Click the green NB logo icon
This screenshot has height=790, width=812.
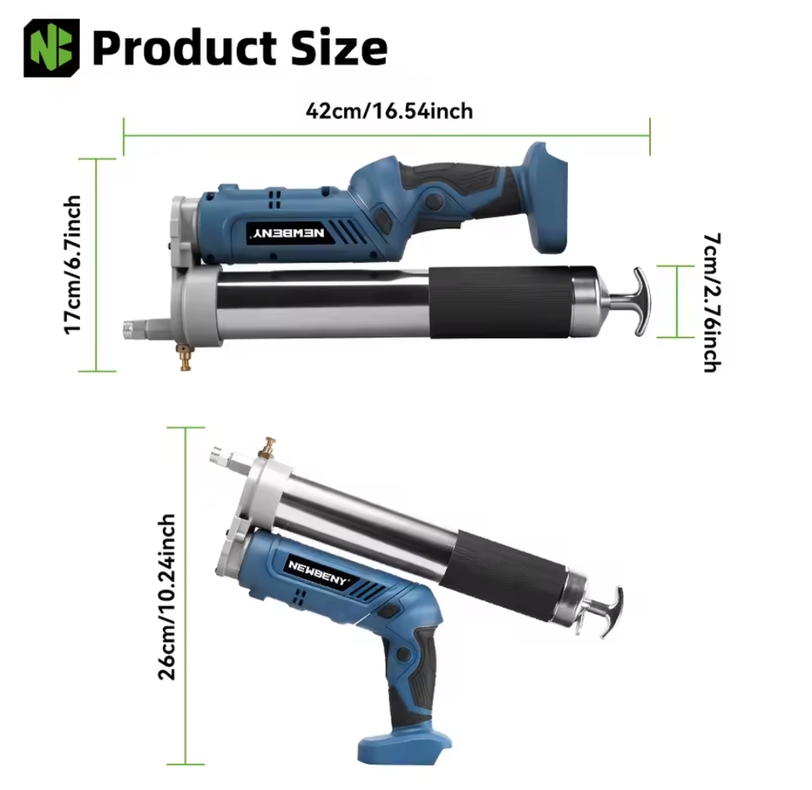(52, 47)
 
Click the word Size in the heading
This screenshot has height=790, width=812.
(339, 47)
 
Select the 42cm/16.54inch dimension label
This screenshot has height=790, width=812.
(389, 111)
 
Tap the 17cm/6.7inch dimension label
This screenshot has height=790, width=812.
(72, 264)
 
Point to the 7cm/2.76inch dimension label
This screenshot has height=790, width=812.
(712, 303)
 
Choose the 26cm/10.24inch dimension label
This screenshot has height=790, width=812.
(166, 596)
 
